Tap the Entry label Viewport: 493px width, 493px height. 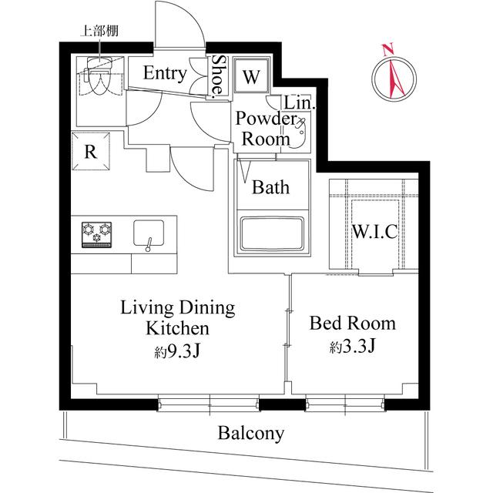pyautogui.click(x=164, y=74)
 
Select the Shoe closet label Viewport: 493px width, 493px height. pyautogui.click(x=219, y=76)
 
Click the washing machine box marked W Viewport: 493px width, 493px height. pyautogui.click(x=251, y=76)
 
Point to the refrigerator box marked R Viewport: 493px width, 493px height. pyautogui.click(x=91, y=151)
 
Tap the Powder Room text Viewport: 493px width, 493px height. pyautogui.click(x=266, y=129)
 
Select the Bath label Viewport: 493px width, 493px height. pyautogui.click(x=270, y=186)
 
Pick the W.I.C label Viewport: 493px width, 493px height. pyautogui.click(x=375, y=232)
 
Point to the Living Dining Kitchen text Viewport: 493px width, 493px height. pyautogui.click(x=177, y=318)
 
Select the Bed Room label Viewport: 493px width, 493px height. pyautogui.click(x=352, y=323)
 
